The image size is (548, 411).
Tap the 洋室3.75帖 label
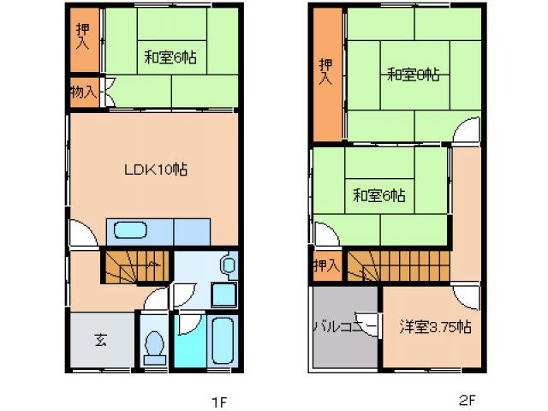pos(435,326)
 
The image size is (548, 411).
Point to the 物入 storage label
pos(83,92)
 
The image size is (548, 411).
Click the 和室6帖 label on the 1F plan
pos(170,58)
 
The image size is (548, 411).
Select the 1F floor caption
pos(219,401)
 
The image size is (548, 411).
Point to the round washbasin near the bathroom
pos(227,265)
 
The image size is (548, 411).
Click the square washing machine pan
pos(223,295)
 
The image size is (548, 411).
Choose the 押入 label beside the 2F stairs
pos(326,265)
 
